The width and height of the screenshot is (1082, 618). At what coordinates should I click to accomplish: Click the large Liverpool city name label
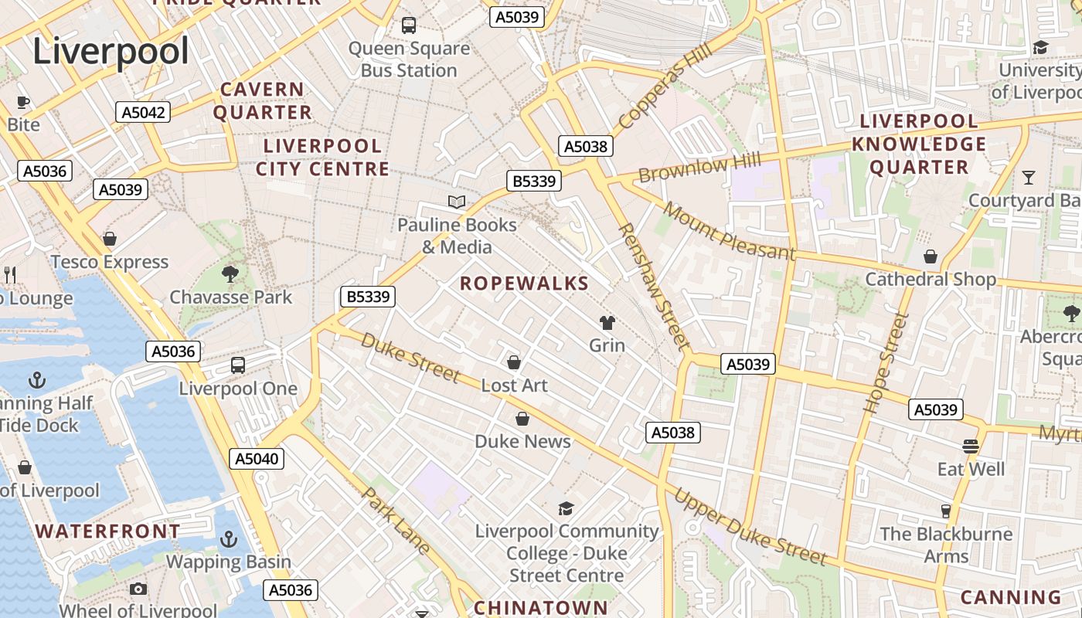(111, 52)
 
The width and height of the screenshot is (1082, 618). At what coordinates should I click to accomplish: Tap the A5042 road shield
(144, 112)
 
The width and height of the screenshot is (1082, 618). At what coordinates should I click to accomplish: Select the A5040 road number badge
(257, 459)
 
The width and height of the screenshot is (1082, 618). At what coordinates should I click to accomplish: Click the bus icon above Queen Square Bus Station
(409, 25)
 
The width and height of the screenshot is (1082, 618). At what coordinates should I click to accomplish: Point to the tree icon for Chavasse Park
(230, 273)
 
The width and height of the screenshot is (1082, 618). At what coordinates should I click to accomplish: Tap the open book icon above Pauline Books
(457, 202)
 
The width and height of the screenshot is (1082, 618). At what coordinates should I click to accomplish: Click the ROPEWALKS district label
(525, 284)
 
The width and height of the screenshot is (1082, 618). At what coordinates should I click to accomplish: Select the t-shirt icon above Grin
(607, 323)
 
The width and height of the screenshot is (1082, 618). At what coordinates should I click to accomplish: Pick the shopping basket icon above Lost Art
(514, 362)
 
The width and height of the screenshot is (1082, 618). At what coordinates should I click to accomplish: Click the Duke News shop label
(522, 441)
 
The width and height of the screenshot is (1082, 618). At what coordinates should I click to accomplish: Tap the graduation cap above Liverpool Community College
(567, 508)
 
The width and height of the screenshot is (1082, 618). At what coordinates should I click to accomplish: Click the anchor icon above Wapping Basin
(229, 539)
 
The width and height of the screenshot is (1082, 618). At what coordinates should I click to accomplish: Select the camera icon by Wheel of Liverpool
(138, 589)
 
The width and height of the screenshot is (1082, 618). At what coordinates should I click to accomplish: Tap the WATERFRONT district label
(108, 531)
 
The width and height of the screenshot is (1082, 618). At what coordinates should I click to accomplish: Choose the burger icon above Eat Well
(971, 446)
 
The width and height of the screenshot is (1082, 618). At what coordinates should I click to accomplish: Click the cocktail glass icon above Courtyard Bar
(1028, 178)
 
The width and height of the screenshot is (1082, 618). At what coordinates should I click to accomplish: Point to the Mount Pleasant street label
(728, 232)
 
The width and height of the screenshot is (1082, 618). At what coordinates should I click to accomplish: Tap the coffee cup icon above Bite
(23, 102)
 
